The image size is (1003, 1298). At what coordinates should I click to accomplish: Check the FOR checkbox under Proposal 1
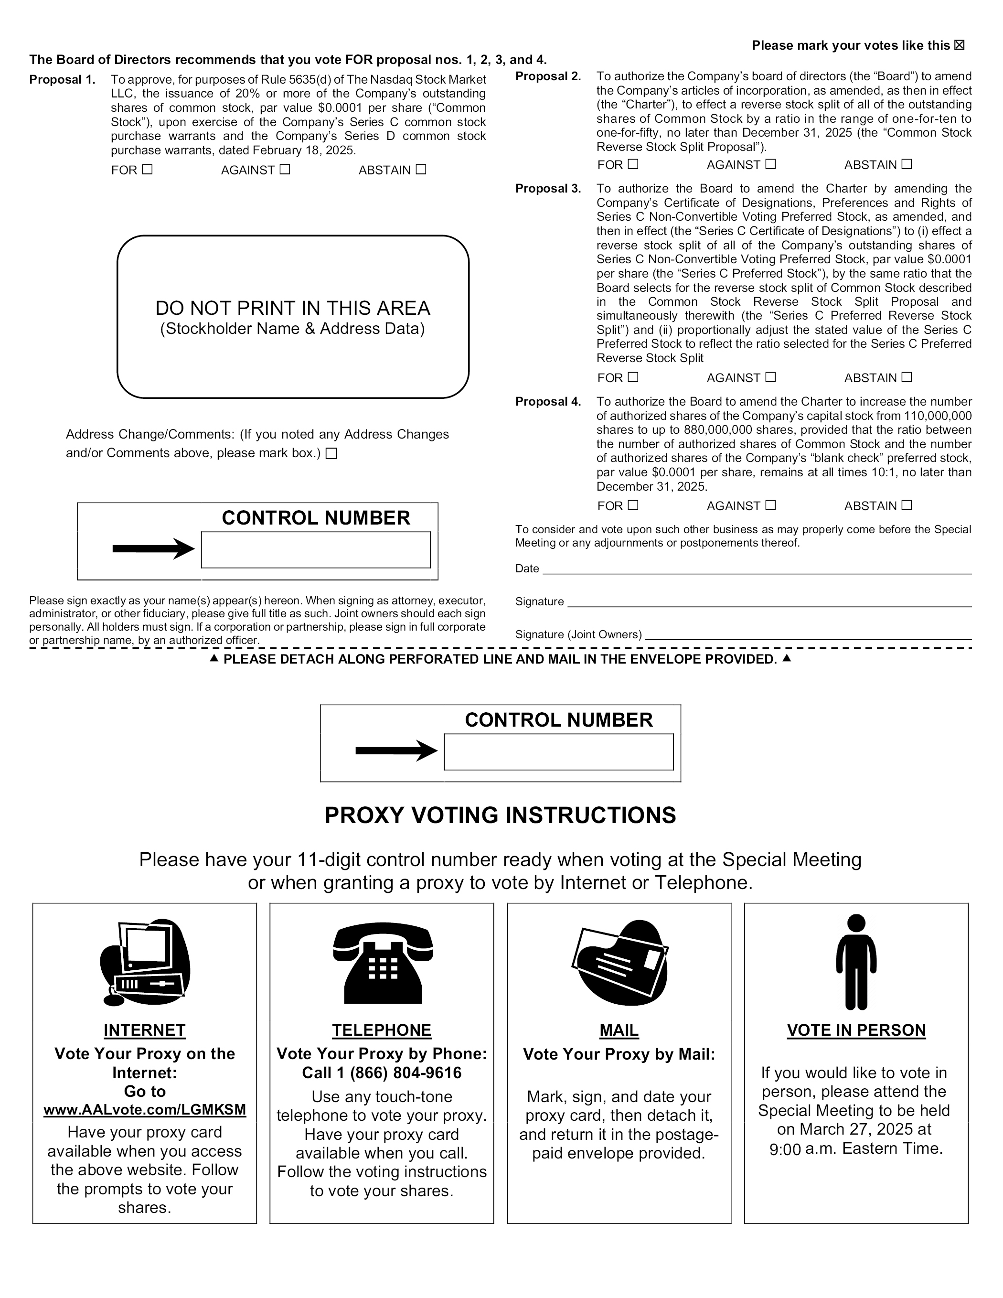click(x=148, y=170)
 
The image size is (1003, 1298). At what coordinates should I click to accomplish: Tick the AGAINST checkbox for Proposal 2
click(x=771, y=164)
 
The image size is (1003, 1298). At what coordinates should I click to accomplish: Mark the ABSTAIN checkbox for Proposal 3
click(x=907, y=377)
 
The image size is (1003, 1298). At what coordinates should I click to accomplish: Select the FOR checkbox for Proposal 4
click(x=633, y=505)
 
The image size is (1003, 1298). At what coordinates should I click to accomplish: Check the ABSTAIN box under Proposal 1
click(x=421, y=170)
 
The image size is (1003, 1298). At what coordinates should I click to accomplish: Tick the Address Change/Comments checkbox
click(x=331, y=453)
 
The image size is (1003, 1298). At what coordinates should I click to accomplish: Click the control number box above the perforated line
click(x=316, y=550)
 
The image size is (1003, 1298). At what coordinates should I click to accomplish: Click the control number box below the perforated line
click(x=558, y=752)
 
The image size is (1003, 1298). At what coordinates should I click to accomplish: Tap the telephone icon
click(x=383, y=964)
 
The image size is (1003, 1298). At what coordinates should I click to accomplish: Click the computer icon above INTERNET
click(x=145, y=963)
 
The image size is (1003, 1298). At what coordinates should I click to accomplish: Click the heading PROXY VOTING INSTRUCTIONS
click(x=501, y=815)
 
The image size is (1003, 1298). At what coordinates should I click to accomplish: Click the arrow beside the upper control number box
click(x=153, y=548)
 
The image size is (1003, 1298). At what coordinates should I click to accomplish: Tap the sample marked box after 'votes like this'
click(x=959, y=45)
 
